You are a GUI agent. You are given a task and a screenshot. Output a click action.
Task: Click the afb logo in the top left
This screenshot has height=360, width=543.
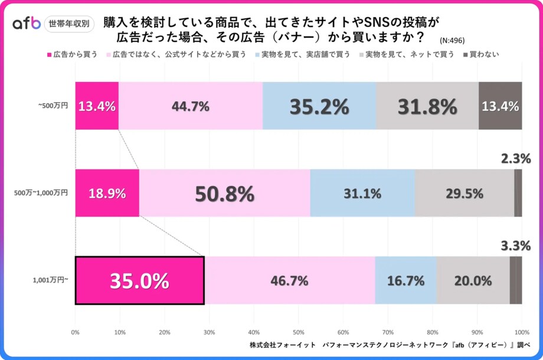[27, 24]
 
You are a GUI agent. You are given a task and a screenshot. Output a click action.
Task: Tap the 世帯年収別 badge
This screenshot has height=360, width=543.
[70, 24]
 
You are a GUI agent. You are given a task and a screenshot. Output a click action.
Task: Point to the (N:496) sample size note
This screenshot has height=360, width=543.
[453, 41]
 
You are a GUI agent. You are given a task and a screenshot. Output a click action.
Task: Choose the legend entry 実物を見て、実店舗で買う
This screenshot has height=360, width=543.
[303, 54]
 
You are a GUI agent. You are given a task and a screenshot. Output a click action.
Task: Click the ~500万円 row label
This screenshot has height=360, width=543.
[54, 106]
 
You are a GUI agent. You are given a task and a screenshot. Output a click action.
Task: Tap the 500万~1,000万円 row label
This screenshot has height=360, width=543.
[41, 193]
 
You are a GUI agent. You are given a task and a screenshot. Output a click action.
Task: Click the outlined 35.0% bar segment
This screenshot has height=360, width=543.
[139, 281]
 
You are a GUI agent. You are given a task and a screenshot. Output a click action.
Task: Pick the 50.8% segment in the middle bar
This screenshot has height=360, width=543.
[225, 193]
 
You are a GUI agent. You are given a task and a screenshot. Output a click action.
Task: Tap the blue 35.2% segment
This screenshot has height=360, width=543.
[319, 106]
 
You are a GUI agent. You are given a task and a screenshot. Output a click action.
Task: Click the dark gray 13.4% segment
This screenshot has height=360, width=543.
[500, 106]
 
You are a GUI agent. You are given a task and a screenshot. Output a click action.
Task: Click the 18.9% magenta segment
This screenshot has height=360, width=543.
[107, 193]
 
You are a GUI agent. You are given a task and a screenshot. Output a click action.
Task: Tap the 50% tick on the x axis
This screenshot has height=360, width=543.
[299, 331]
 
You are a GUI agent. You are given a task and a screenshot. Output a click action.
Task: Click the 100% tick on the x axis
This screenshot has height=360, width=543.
[522, 331]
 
